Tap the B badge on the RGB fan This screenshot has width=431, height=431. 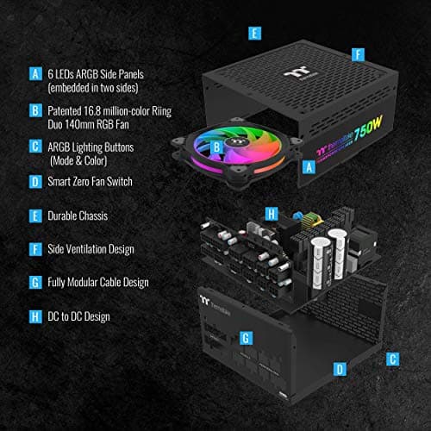(217, 147)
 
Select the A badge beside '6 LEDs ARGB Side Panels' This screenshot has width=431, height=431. (35, 74)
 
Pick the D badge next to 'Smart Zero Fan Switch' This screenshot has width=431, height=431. (35, 182)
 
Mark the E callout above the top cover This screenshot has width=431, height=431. (254, 34)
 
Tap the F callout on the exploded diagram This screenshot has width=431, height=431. (355, 53)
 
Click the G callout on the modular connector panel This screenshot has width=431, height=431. (245, 336)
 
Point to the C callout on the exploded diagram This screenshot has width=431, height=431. (393, 358)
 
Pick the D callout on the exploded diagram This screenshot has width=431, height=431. (340, 369)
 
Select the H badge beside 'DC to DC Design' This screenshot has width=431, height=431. (35, 316)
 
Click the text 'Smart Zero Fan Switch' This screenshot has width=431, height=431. (97, 182)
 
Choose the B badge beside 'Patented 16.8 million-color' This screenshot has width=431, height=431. (35, 110)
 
